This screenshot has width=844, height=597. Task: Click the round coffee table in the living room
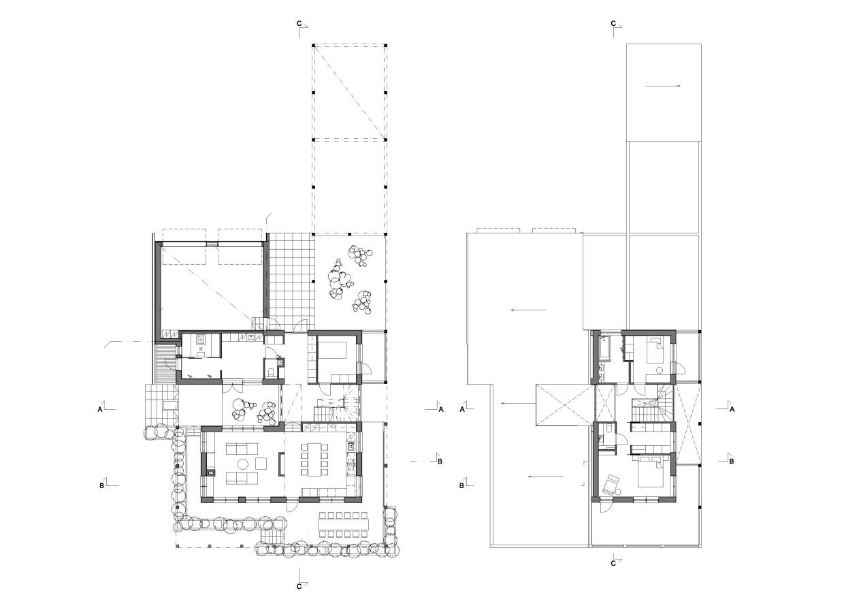[x=242, y=464]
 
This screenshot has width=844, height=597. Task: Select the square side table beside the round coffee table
[x=261, y=463]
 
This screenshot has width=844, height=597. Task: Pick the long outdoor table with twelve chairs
[x=343, y=524]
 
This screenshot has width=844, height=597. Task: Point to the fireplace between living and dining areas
[x=280, y=464]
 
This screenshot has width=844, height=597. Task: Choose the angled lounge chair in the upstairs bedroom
[x=611, y=485]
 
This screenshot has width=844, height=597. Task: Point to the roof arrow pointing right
[x=663, y=86]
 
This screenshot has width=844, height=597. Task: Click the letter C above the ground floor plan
[x=299, y=23]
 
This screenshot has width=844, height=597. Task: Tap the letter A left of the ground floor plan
[x=100, y=409]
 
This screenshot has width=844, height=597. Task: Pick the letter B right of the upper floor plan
[x=731, y=461]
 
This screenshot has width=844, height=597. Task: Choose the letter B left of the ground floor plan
[x=101, y=486]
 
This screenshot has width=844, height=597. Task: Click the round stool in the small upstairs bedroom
[x=659, y=370]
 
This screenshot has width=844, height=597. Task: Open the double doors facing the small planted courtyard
[x=233, y=387]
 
